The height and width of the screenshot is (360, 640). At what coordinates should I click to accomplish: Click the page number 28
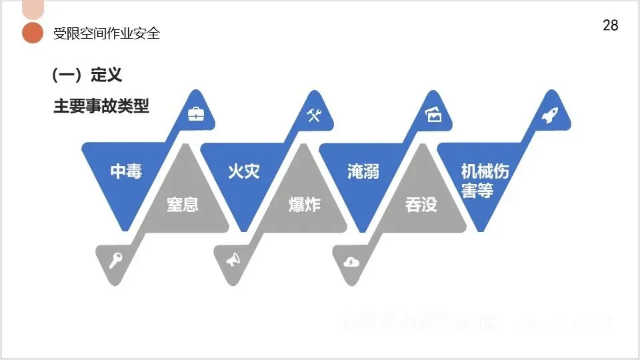(x=610, y=25)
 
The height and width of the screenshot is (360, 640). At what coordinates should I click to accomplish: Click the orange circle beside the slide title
(x=33, y=33)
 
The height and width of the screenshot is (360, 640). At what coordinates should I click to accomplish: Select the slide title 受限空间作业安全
(x=107, y=33)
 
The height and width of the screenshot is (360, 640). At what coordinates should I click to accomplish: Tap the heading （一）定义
(x=87, y=75)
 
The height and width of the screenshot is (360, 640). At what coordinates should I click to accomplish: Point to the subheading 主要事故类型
(x=101, y=106)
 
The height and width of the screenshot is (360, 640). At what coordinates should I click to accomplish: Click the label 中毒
(x=127, y=171)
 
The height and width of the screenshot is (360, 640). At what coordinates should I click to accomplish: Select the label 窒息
(x=182, y=204)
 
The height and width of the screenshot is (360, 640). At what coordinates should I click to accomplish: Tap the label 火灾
(x=243, y=171)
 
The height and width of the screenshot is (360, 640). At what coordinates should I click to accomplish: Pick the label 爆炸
(x=305, y=204)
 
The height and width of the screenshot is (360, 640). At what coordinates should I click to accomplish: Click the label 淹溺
(x=363, y=171)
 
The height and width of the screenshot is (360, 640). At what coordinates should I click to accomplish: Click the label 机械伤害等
(x=485, y=181)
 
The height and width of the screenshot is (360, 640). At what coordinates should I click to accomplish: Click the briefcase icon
(x=196, y=115)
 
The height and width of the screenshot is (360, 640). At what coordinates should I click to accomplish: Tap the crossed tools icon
(x=315, y=115)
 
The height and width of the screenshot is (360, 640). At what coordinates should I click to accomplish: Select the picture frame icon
(x=434, y=115)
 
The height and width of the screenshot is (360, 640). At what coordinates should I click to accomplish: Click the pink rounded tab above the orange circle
(x=33, y=9)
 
